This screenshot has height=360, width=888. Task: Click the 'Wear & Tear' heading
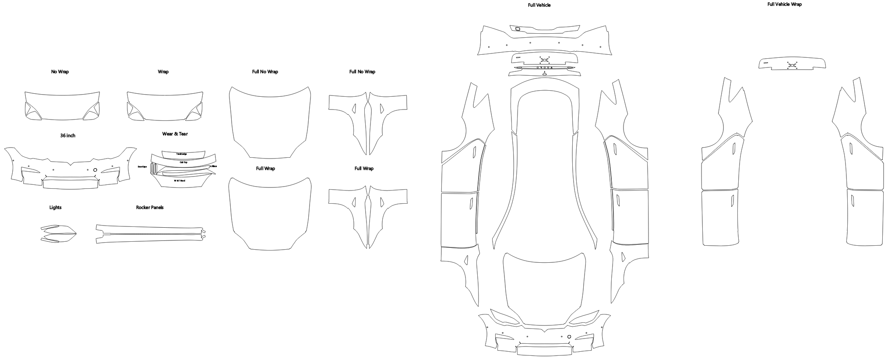click(x=175, y=134)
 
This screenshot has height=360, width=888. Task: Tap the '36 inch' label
click(x=68, y=135)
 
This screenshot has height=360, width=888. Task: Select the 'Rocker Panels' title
click(x=150, y=207)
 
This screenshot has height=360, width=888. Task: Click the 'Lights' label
click(x=56, y=207)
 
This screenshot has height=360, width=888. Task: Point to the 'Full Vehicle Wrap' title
click(x=784, y=4)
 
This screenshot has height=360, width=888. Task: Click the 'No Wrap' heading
click(x=60, y=71)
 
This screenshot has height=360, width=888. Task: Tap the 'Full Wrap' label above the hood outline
click(x=265, y=168)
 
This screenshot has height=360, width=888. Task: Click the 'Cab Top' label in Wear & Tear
click(x=183, y=162)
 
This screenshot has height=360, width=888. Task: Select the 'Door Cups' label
click(x=142, y=167)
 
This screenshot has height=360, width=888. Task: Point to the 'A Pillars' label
click(x=213, y=166)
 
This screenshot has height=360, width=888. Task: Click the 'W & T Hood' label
click(x=180, y=180)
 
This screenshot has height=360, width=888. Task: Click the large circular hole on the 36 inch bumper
click(x=95, y=169)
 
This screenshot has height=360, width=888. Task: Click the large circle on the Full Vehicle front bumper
click(x=569, y=336)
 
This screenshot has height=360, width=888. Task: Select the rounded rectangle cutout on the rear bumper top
click(x=518, y=29)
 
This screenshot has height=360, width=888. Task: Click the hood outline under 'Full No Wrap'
click(x=270, y=122)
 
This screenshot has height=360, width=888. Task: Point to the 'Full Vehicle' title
click(x=539, y=5)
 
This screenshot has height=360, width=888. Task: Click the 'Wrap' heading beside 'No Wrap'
click(x=163, y=71)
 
